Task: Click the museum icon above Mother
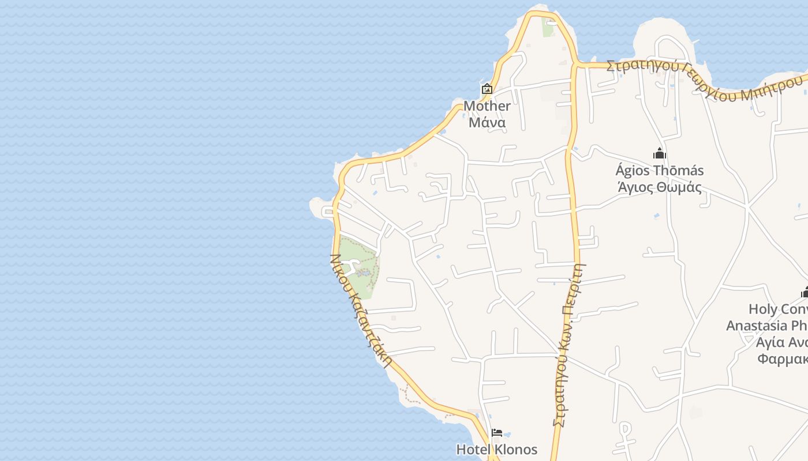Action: tap(487, 89)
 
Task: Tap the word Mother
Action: tap(487, 106)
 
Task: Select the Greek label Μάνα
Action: tap(487, 123)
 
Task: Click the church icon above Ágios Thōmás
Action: tap(660, 153)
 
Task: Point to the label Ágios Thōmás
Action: tap(660, 171)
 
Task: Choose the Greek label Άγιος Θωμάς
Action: tap(660, 187)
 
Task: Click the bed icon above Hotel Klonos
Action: tap(496, 433)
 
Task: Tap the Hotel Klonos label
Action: tap(496, 449)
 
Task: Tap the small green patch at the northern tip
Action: tap(547, 27)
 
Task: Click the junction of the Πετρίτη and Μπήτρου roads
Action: tap(575, 65)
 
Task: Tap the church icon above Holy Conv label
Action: tap(804, 293)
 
